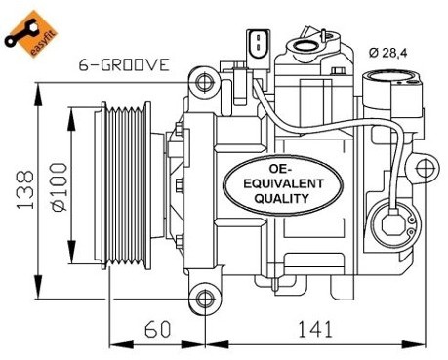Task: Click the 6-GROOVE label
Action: click(x=124, y=64)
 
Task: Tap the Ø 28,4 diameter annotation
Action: click(x=387, y=53)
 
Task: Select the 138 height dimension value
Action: click(x=25, y=189)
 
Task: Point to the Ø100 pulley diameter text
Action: click(x=60, y=186)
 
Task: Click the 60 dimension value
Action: click(x=157, y=329)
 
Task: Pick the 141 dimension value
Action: click(x=315, y=329)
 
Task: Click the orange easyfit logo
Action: click(x=30, y=33)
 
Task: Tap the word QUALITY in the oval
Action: click(x=281, y=198)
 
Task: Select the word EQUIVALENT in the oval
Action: click(x=283, y=183)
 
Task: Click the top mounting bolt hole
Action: click(x=205, y=82)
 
